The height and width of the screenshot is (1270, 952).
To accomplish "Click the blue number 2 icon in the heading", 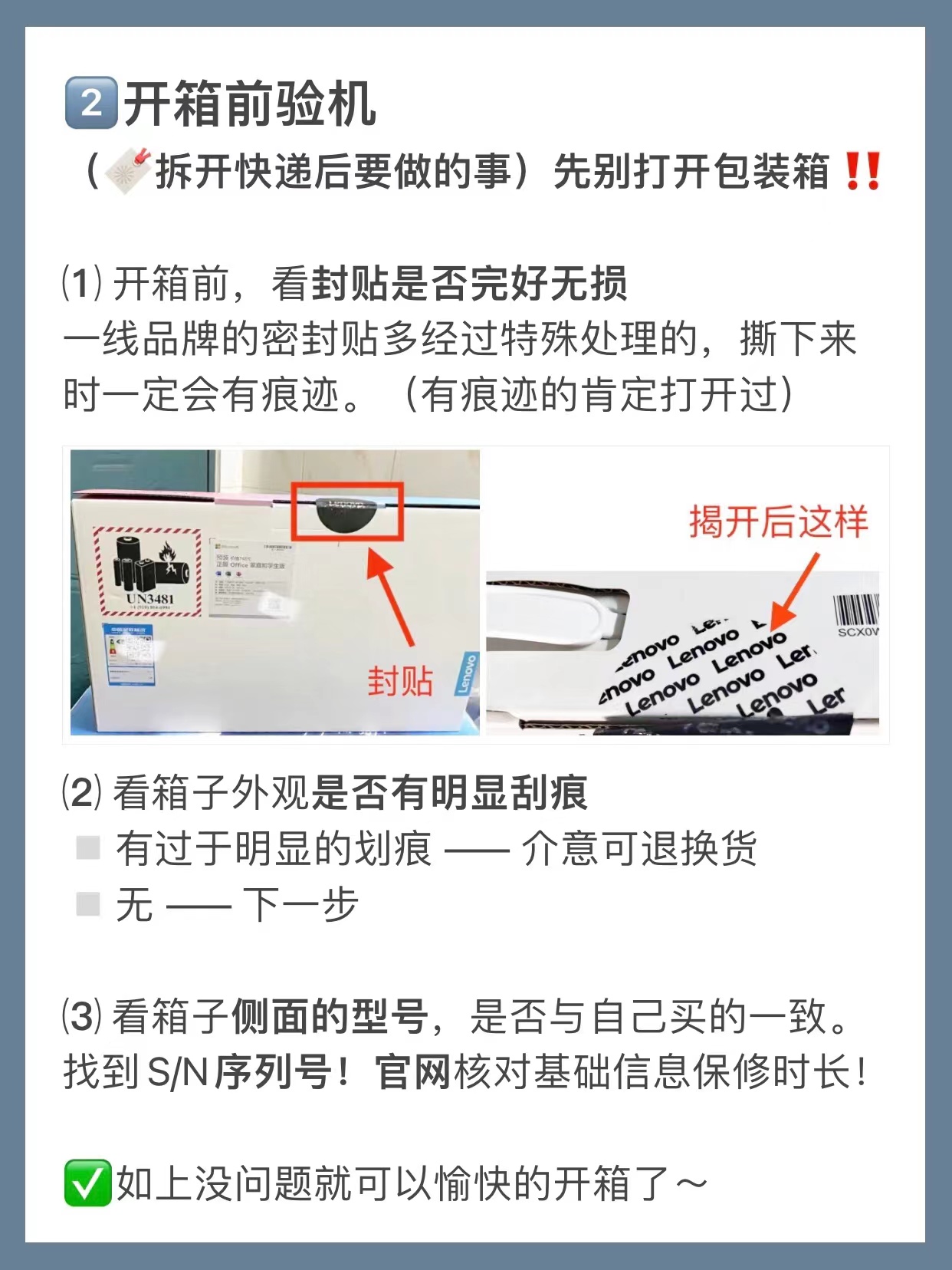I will (91, 103).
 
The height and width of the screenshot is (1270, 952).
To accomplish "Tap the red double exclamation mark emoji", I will (862, 171).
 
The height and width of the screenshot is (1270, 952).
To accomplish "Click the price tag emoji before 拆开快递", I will (128, 171).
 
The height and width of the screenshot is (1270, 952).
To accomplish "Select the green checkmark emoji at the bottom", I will (87, 1183).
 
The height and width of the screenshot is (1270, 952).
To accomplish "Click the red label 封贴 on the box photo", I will (399, 681).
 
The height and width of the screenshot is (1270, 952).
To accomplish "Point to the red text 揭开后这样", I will (777, 522).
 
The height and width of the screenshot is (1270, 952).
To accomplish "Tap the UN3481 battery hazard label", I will (149, 571).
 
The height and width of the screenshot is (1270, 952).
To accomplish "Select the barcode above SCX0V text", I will (855, 610).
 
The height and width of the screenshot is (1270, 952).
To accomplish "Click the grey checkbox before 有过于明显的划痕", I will (89, 847).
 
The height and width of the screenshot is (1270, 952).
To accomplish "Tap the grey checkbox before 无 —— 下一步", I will (89, 904).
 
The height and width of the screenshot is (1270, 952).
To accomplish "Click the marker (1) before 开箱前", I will (81, 283).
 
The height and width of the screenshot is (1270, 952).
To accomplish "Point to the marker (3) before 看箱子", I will (81, 1016).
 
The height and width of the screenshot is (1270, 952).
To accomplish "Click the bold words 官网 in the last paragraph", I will (412, 1071).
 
